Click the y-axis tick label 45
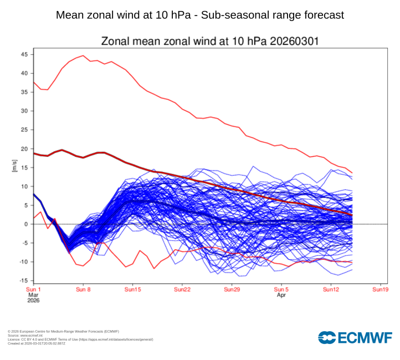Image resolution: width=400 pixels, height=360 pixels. [x=24, y=54]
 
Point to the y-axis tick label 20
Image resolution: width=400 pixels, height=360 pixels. [x=24, y=149]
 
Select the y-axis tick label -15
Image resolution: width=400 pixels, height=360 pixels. [x=23, y=281]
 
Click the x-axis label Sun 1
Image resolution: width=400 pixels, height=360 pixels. [x=33, y=290]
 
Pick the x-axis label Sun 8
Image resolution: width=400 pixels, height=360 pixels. [x=83, y=290]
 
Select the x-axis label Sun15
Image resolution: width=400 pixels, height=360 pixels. [x=133, y=290]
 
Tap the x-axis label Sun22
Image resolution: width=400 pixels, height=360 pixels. [x=182, y=290]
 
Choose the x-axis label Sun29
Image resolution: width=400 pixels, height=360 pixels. [x=232, y=290]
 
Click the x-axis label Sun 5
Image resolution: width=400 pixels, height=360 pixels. [x=281, y=290]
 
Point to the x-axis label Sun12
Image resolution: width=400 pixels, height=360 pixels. [x=331, y=290]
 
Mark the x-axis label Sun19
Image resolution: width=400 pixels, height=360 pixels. [x=380, y=290]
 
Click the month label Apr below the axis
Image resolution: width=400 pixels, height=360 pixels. [x=281, y=296]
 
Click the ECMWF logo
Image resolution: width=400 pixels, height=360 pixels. [x=355, y=337]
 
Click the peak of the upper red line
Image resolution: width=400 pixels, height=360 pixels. [x=83, y=55]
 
